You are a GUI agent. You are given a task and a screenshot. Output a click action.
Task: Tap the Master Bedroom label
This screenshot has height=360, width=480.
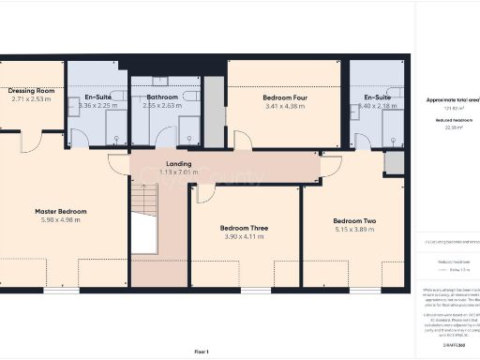(x=61, y=212)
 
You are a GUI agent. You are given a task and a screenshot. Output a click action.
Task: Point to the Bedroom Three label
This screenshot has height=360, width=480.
(x=246, y=228)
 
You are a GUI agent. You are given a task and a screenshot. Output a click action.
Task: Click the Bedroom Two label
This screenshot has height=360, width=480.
(x=355, y=221)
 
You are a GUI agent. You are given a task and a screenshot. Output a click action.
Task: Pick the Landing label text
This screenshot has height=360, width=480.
(x=166, y=163)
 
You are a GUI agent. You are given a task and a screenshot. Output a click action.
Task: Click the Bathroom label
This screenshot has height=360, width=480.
(x=161, y=97)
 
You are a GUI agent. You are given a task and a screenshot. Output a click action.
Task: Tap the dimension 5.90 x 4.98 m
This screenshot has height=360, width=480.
(x=61, y=221)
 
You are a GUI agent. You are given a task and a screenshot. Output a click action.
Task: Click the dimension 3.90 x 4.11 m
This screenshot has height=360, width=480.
(x=246, y=236)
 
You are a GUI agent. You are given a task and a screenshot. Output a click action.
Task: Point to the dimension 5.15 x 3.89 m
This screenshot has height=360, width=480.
(x=355, y=230)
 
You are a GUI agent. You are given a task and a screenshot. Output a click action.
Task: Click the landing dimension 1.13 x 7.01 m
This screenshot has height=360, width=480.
(x=166, y=172)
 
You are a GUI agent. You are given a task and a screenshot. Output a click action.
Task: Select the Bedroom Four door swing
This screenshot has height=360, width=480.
(x=243, y=141)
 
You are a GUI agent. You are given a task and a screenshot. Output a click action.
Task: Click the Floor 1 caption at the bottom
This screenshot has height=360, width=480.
(x=201, y=351)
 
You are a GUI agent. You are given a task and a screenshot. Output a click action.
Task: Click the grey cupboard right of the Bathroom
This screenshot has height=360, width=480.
(x=214, y=111)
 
